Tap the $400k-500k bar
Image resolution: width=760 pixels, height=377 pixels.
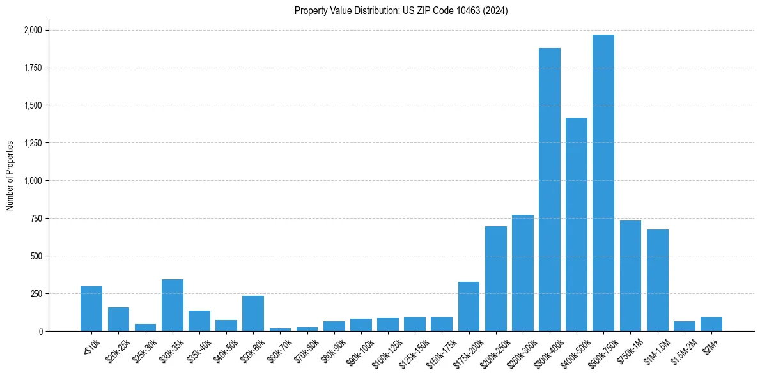tap(576, 224)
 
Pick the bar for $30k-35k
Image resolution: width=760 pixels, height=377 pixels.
tap(173, 305)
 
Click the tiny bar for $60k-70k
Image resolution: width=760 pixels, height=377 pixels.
tap(280, 330)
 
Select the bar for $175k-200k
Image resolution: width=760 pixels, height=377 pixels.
tap(469, 307)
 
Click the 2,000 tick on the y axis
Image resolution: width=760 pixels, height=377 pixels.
tap(33, 30)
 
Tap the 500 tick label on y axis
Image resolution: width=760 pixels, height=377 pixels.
tap(36, 256)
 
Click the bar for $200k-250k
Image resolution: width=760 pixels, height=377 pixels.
tap(495, 279)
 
